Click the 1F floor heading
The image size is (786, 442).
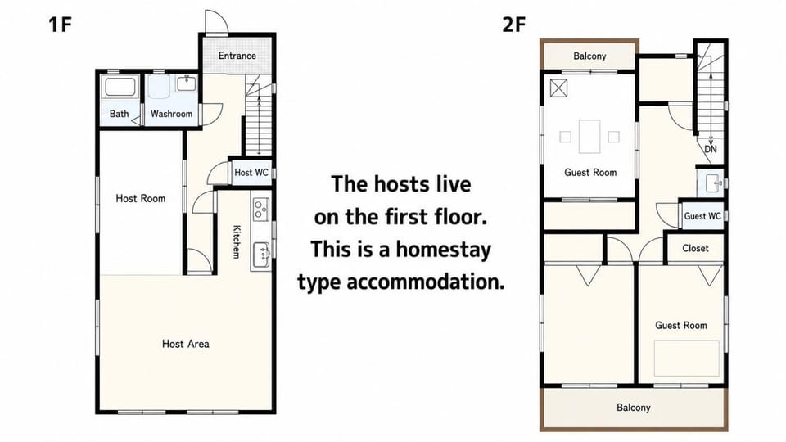coord(60,24)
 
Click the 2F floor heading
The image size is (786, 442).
coord(514,24)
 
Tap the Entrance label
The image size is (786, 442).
coord(237,56)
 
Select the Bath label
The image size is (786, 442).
coord(120,114)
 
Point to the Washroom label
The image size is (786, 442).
coord(171,114)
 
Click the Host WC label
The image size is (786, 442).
coord(251,173)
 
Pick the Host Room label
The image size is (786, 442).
coord(140,198)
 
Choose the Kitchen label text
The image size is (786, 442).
coord(237,241)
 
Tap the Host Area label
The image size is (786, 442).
coord(186,344)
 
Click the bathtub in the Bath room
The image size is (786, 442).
coord(120,87)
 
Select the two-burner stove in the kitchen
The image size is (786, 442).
coord(260,209)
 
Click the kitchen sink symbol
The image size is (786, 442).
coord(261,255)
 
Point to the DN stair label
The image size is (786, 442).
coord(711,149)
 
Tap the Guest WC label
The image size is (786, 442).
coord(702,216)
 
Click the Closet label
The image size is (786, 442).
coord(695,248)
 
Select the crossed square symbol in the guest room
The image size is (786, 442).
coord(558,88)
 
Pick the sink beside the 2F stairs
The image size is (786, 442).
coord(713,183)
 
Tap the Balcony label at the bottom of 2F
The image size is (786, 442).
coord(633,408)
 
